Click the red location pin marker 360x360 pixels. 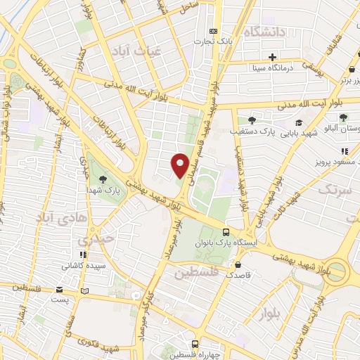click(180, 165)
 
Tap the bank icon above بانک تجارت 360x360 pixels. click(214, 31)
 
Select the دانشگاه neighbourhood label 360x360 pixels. click(264, 32)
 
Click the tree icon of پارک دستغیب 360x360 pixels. click(252, 121)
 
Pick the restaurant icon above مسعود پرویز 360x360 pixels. click(345, 151)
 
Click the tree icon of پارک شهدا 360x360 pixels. click(103, 180)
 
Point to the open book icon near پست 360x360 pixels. click(84, 290)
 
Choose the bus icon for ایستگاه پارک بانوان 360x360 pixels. click(226, 232)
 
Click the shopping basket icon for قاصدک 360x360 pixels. click(239, 266)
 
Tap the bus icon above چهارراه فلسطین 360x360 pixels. click(195, 344)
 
